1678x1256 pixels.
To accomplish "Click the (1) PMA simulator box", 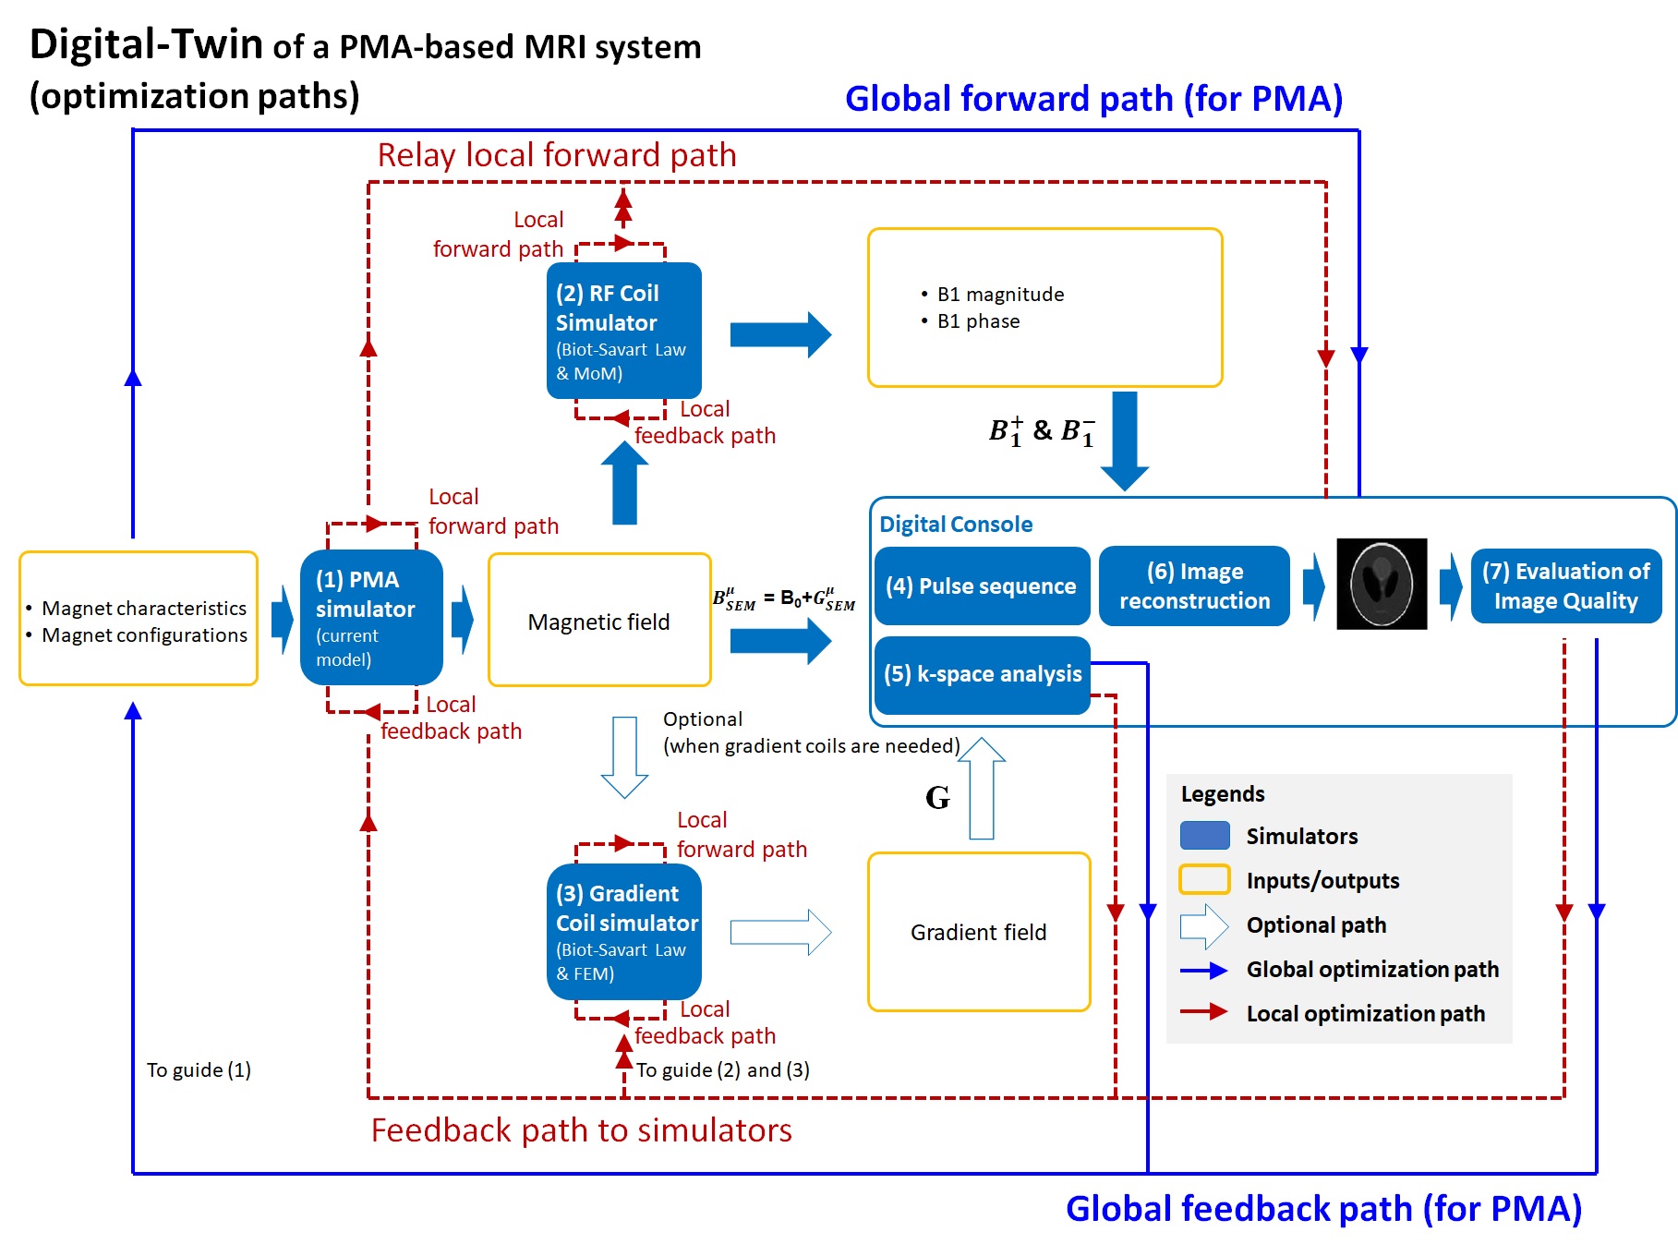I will [371, 618].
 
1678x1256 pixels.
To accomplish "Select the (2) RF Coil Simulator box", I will [623, 331].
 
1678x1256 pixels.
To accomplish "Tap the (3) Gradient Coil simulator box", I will [623, 932].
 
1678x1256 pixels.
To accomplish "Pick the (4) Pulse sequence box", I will [981, 586].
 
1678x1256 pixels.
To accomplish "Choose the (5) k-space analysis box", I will [982, 674].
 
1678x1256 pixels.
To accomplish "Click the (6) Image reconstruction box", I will [1194, 586].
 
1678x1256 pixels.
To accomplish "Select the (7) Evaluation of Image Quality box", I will [1565, 586].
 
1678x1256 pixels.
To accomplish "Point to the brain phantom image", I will [1382, 584].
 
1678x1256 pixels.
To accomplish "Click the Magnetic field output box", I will [599, 621].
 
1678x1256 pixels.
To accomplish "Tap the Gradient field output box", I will [979, 932].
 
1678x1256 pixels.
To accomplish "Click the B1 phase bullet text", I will [978, 321].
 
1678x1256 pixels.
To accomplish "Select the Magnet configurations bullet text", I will [144, 635].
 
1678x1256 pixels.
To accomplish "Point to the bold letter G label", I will [937, 797].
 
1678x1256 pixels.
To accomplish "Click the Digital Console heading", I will [956, 525].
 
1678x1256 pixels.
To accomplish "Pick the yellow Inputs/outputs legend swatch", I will [1204, 880].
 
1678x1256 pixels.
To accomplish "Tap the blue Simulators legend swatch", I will [1204, 836].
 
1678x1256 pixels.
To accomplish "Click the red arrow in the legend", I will [1204, 1012].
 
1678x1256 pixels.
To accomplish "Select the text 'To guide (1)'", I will [199, 1070].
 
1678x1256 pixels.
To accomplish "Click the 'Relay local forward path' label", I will [557, 155].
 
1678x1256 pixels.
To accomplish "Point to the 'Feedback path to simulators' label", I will [581, 1130].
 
